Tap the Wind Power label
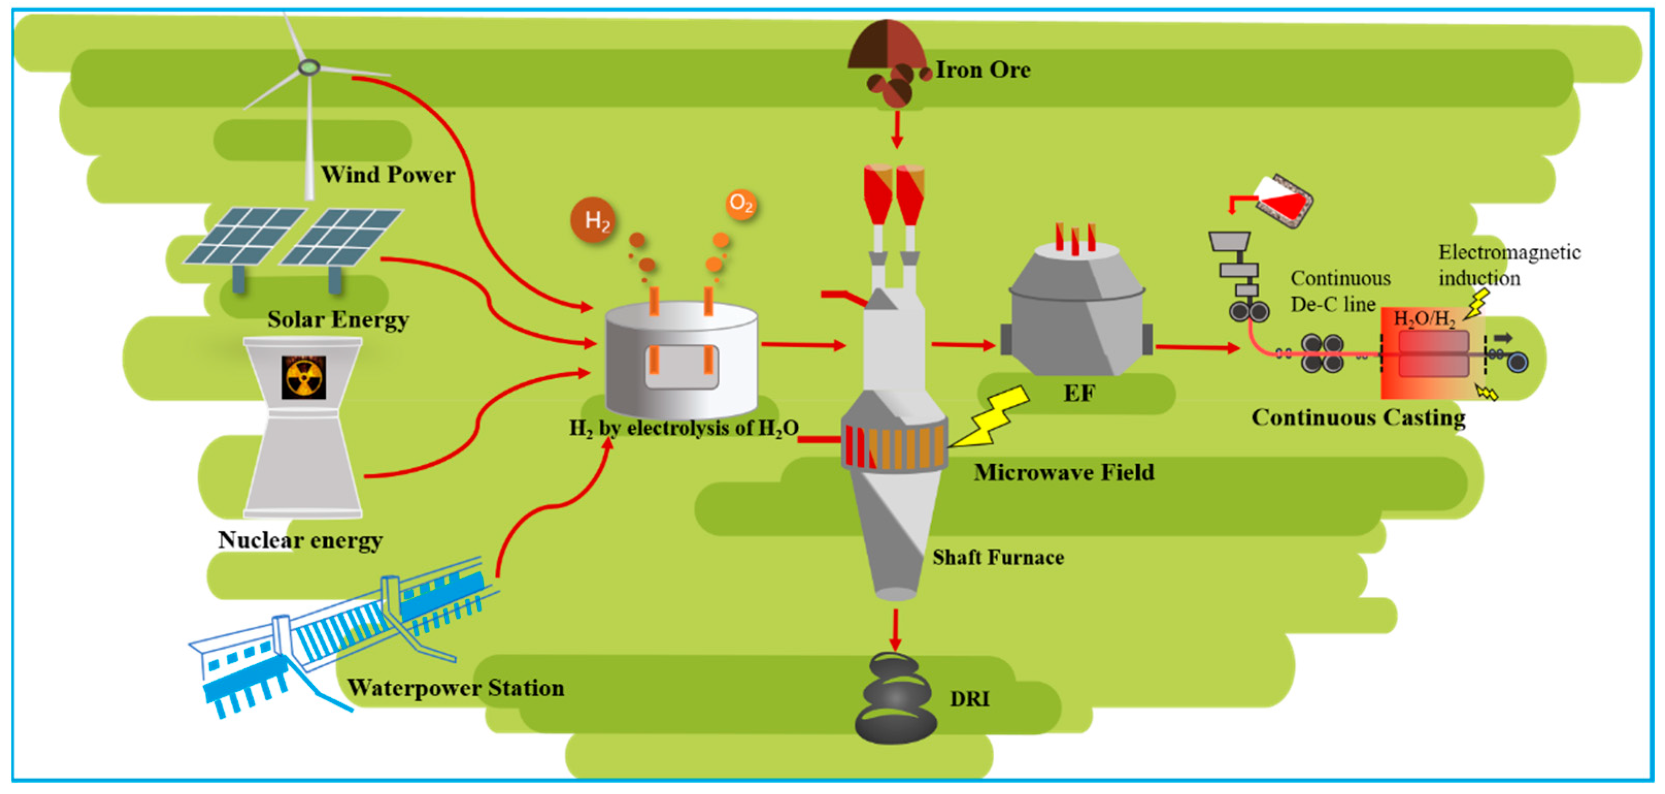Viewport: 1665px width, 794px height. (x=388, y=175)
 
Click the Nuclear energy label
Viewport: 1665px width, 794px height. (x=300, y=539)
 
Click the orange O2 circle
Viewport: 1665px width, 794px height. (x=741, y=205)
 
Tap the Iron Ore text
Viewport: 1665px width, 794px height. (x=982, y=70)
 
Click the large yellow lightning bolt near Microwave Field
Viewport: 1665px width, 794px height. (x=992, y=417)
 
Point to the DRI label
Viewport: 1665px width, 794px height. (x=969, y=698)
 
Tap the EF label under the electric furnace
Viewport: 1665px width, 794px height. (x=1079, y=393)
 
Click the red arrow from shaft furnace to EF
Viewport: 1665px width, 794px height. (x=963, y=345)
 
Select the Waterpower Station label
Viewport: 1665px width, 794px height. (x=456, y=687)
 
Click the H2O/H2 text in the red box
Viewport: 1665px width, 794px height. (x=1424, y=318)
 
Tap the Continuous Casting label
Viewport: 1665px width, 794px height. (x=1358, y=417)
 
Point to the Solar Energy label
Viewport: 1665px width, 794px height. (x=338, y=319)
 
